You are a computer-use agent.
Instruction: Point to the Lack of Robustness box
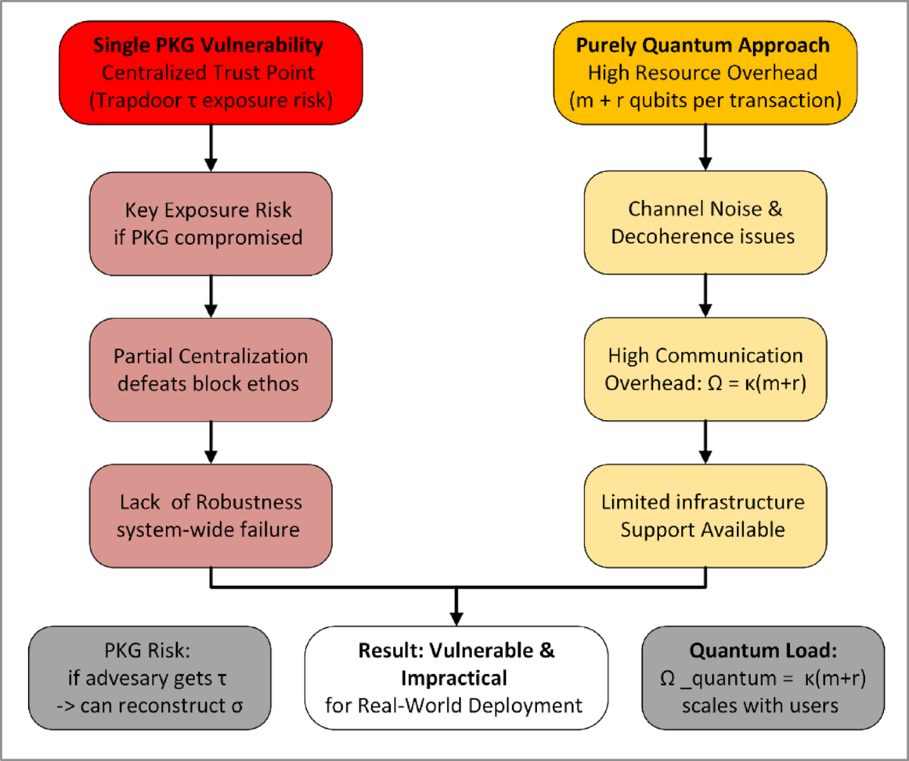pos(211,516)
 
